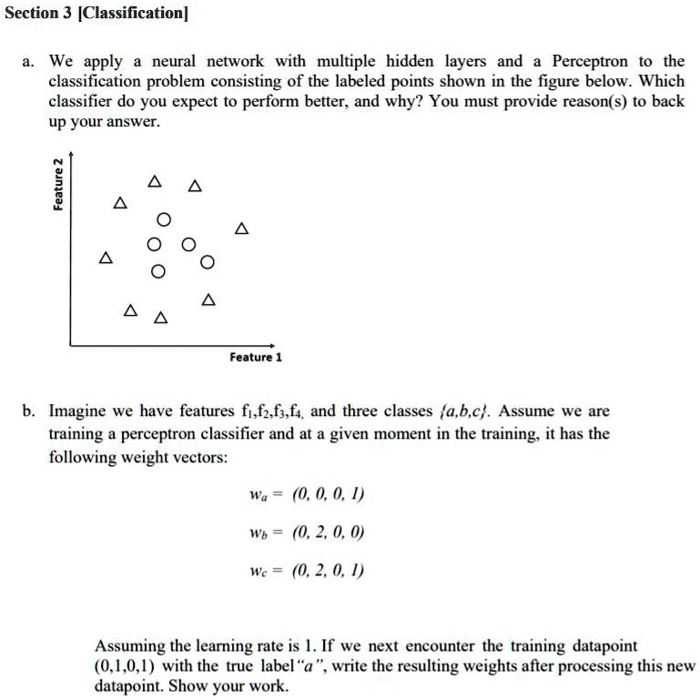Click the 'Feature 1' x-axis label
pos(256,358)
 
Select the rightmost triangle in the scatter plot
pos(240,228)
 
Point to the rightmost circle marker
pos(208,263)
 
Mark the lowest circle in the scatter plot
pos(158,272)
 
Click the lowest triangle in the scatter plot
pos(161,318)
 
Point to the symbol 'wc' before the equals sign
pos(258,572)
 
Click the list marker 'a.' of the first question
pos(28,62)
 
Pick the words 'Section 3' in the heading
pos(34,15)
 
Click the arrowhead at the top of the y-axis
pos(73,157)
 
